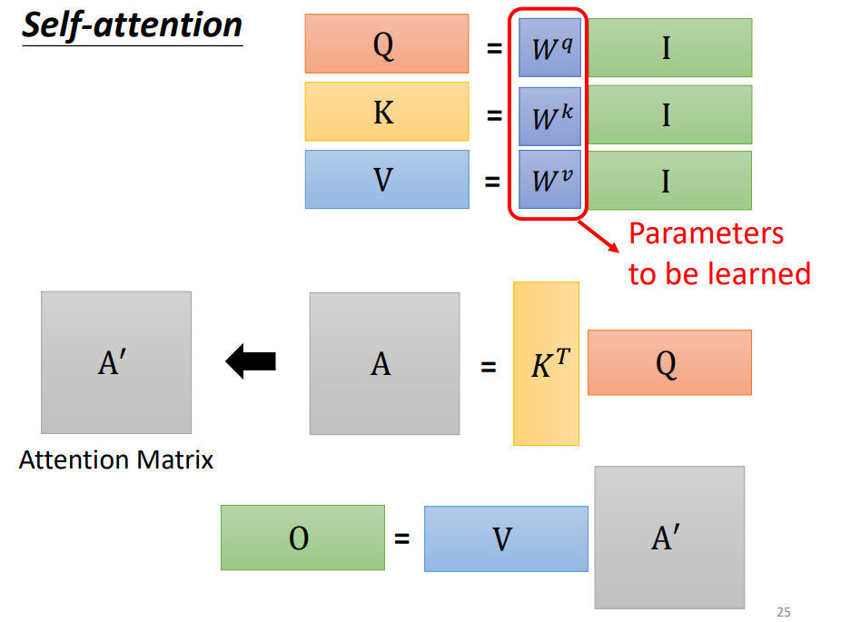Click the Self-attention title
click(x=132, y=25)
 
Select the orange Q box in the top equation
click(x=387, y=44)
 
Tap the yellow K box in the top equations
click(x=387, y=112)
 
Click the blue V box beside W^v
click(x=387, y=179)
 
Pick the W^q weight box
click(x=549, y=47)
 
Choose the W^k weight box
click(x=549, y=116)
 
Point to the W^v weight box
click(x=549, y=180)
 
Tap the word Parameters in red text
click(x=706, y=233)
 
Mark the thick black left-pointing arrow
click(x=250, y=362)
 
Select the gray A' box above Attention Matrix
click(x=116, y=362)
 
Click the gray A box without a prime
click(x=384, y=363)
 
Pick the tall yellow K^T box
click(x=546, y=363)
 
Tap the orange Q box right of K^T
click(x=669, y=362)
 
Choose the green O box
click(x=302, y=538)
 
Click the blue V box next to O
click(x=505, y=538)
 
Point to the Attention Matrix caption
click(x=116, y=459)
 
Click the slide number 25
click(x=784, y=612)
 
